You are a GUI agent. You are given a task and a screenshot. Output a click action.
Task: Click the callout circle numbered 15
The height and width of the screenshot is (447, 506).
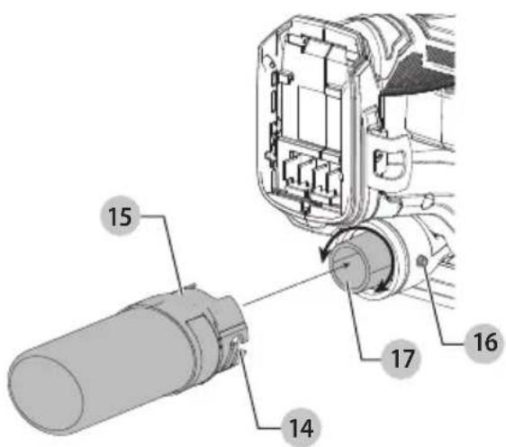[120, 215]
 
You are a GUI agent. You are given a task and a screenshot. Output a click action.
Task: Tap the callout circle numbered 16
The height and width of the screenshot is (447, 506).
[484, 343]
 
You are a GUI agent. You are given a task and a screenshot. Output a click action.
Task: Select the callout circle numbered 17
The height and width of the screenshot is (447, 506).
[402, 359]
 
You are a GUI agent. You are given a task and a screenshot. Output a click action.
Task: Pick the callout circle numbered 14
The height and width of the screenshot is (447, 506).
[301, 427]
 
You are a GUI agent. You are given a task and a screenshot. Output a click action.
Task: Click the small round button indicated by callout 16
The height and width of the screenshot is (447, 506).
[421, 260]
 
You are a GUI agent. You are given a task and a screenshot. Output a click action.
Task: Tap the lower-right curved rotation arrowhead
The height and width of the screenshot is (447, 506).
[384, 286]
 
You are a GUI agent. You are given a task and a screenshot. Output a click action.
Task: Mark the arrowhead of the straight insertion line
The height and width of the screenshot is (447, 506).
[346, 266]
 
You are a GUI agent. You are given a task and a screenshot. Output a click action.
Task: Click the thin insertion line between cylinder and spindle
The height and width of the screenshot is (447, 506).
[294, 286]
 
